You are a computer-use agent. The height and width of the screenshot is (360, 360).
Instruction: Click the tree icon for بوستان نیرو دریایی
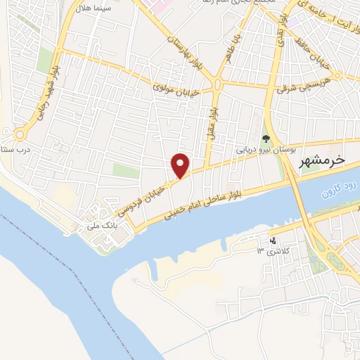pos(266,139)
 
